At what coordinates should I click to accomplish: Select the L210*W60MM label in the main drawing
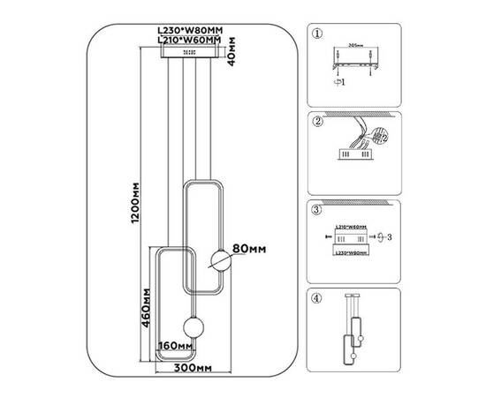186,40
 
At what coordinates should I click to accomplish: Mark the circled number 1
317,34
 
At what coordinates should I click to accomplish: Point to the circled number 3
317,211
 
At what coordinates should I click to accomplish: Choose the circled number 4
317,297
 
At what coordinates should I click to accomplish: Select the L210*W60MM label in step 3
353,227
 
